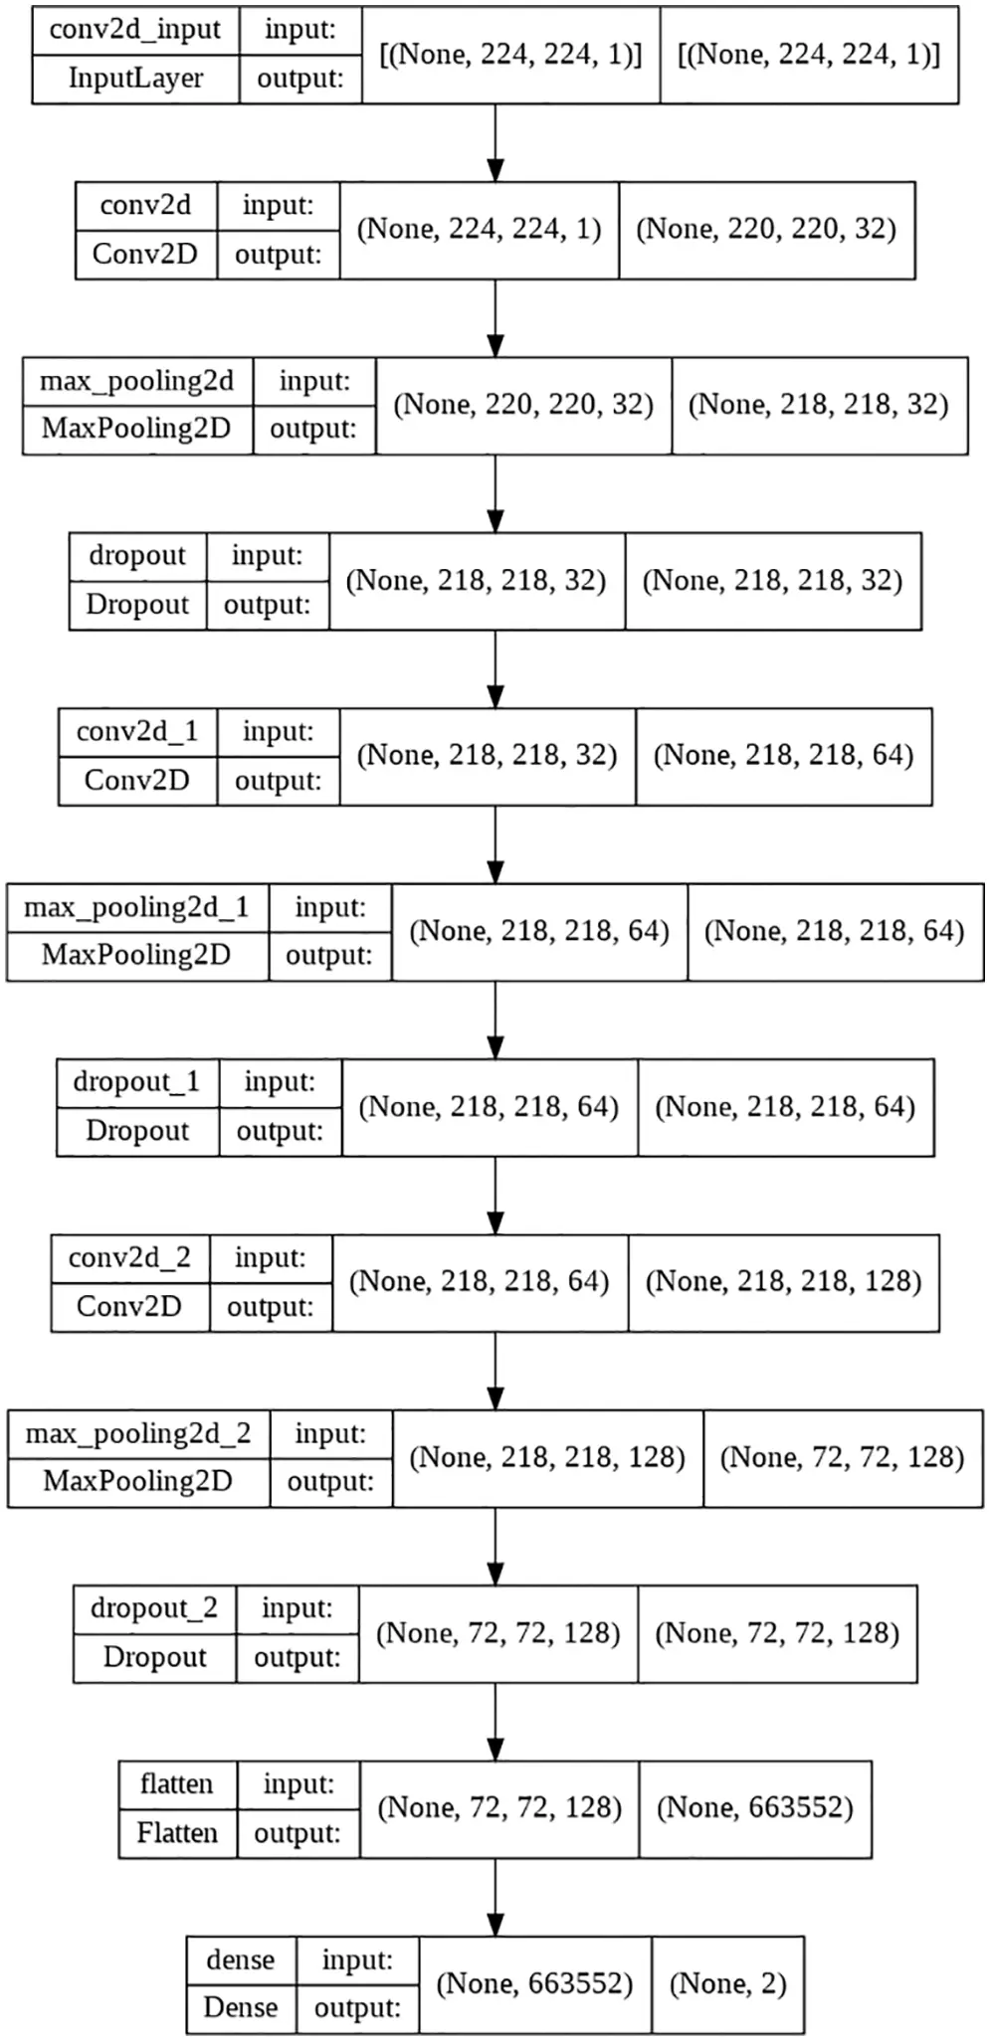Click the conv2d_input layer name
click(x=135, y=30)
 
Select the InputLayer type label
click(x=135, y=78)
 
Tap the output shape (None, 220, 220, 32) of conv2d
click(x=766, y=229)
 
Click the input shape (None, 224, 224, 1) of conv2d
click(x=479, y=229)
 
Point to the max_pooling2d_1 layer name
click(x=136, y=907)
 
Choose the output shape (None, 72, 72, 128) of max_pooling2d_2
click(x=842, y=1457)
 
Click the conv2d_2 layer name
click(x=129, y=1258)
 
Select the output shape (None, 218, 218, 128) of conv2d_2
click(x=783, y=1281)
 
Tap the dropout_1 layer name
click(x=136, y=1082)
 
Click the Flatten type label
click(x=177, y=1832)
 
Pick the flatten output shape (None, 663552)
click(x=755, y=1807)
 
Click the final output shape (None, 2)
click(x=727, y=1983)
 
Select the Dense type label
click(x=241, y=2007)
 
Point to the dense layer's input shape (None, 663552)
click(x=534, y=1983)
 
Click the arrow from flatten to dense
click(x=495, y=1897)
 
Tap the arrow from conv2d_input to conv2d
click(x=495, y=142)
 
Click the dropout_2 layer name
click(x=154, y=1608)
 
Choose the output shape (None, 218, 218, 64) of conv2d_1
click(x=783, y=755)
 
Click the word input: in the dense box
click(x=357, y=1960)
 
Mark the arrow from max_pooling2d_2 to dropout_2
click(x=495, y=1547)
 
